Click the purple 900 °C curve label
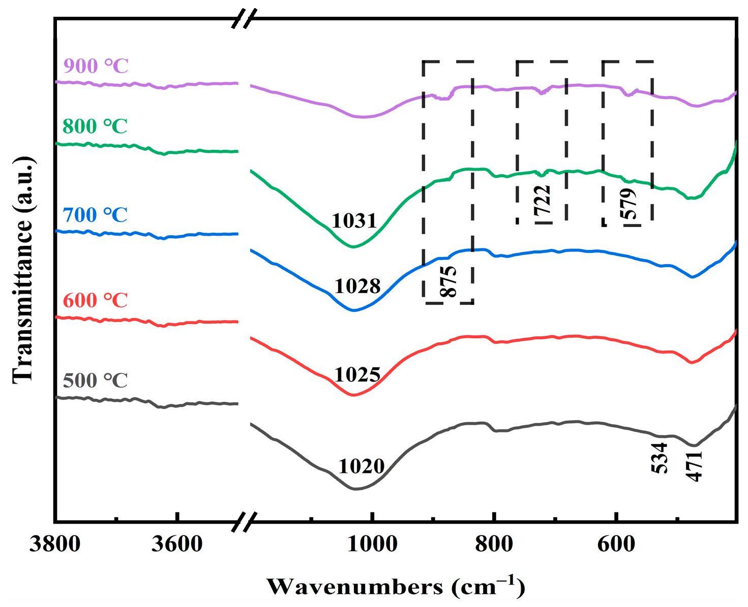coord(96,66)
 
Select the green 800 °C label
coord(95,126)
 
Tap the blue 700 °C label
coord(95,215)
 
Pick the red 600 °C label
coord(95,300)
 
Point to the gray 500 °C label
coord(95,380)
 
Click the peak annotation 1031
coord(354,221)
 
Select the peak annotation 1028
coord(357,286)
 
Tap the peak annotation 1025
coord(357,375)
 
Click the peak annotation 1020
coord(361,466)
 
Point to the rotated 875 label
coord(448,281)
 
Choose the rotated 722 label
coord(543,202)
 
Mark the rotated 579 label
coord(629,204)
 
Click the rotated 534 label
coord(660,458)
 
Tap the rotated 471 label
coord(694,466)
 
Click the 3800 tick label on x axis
coord(55,545)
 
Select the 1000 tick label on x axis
coord(372,545)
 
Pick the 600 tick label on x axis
coord(616,545)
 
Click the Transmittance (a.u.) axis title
coord(23,270)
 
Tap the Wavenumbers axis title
coord(395,587)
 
